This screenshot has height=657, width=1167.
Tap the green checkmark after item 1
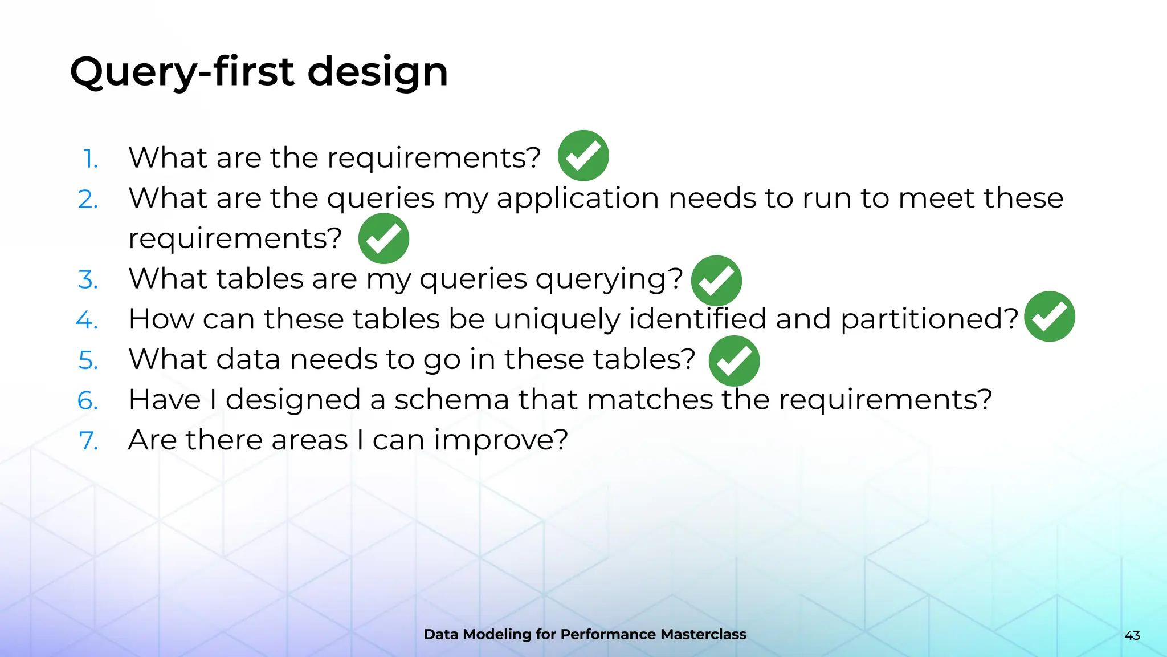pos(583,156)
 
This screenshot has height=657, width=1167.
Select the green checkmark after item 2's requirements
pos(383,238)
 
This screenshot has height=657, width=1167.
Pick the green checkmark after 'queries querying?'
pos(716,281)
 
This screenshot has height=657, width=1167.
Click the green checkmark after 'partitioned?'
pos(1049,317)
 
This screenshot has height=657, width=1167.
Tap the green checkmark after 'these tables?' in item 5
pos(734,361)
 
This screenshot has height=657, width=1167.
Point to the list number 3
pos(88,280)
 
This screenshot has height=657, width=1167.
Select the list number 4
pos(87,320)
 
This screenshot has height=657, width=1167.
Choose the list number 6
pos(88,401)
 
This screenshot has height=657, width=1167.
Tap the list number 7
pos(89,441)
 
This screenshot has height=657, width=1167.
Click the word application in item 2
pos(578,199)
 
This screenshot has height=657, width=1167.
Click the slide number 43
pos(1132,635)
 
